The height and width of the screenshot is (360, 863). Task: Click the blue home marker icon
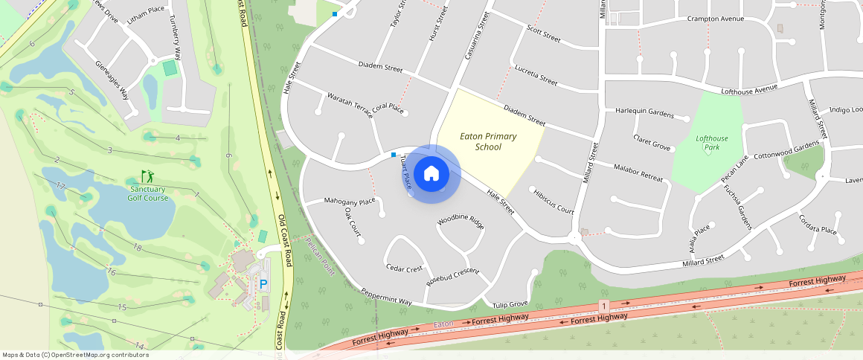(x=431, y=174)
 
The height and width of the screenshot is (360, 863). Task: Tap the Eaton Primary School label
(x=488, y=141)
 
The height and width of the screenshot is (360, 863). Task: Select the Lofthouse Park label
(x=712, y=143)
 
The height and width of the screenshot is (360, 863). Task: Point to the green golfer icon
(x=148, y=176)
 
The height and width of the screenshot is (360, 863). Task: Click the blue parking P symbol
(x=263, y=283)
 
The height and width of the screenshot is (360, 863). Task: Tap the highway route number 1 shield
(x=603, y=306)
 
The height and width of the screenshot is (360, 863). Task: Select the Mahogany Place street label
(x=350, y=202)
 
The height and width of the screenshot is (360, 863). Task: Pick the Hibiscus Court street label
(x=554, y=202)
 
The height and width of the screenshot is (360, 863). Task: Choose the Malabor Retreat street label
(x=638, y=173)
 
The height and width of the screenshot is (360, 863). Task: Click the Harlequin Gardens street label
(x=644, y=113)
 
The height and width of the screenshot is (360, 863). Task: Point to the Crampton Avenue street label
(x=715, y=19)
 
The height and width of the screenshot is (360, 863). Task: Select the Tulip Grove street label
(x=510, y=303)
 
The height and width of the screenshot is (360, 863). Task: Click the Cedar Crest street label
(x=404, y=268)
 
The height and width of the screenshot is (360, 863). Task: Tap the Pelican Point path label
(x=320, y=257)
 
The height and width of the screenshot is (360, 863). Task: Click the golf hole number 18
(x=136, y=247)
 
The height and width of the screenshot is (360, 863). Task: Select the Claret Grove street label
(x=652, y=143)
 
